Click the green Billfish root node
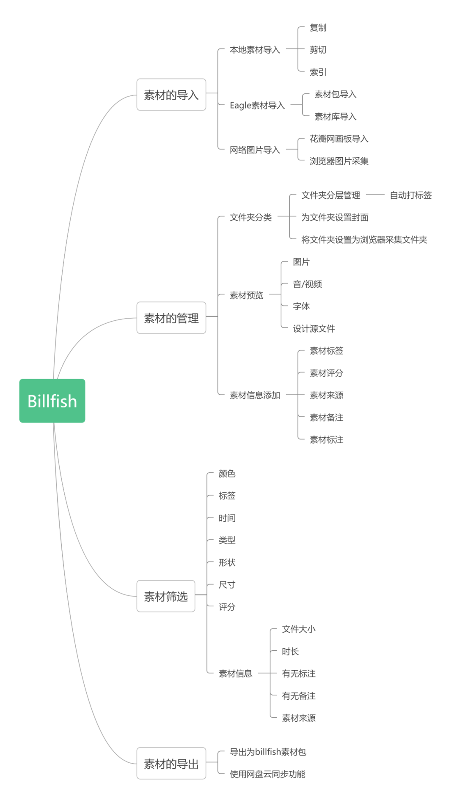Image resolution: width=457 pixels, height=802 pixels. [x=52, y=401]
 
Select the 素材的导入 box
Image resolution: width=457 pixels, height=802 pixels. [x=171, y=95]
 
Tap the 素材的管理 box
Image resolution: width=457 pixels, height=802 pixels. [x=171, y=318]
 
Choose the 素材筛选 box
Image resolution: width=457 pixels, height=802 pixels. [x=165, y=596]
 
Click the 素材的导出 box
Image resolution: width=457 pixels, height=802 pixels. [x=171, y=763]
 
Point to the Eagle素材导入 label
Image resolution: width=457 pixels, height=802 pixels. [x=257, y=105]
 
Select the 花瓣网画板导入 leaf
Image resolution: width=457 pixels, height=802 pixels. [x=339, y=139]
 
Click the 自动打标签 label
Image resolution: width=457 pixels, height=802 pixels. [x=410, y=195]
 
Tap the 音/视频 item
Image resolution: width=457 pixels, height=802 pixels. [x=307, y=284]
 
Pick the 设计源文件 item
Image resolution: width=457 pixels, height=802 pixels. [x=314, y=328]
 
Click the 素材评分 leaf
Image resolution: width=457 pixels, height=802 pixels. [x=326, y=373]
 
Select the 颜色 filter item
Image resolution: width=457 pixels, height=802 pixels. [x=227, y=473]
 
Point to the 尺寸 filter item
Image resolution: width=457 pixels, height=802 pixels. [x=227, y=584]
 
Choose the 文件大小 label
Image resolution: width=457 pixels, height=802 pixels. [x=298, y=629]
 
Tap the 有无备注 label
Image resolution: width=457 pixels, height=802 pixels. [x=298, y=696]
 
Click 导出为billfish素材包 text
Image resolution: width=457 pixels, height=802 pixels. [x=267, y=752]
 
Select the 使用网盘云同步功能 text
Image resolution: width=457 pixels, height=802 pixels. [x=267, y=774]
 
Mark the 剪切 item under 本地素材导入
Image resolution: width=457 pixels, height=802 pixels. [x=318, y=49]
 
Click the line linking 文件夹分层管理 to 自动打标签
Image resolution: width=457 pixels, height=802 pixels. [x=375, y=194]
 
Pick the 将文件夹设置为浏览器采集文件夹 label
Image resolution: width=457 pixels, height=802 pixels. [x=364, y=240]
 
